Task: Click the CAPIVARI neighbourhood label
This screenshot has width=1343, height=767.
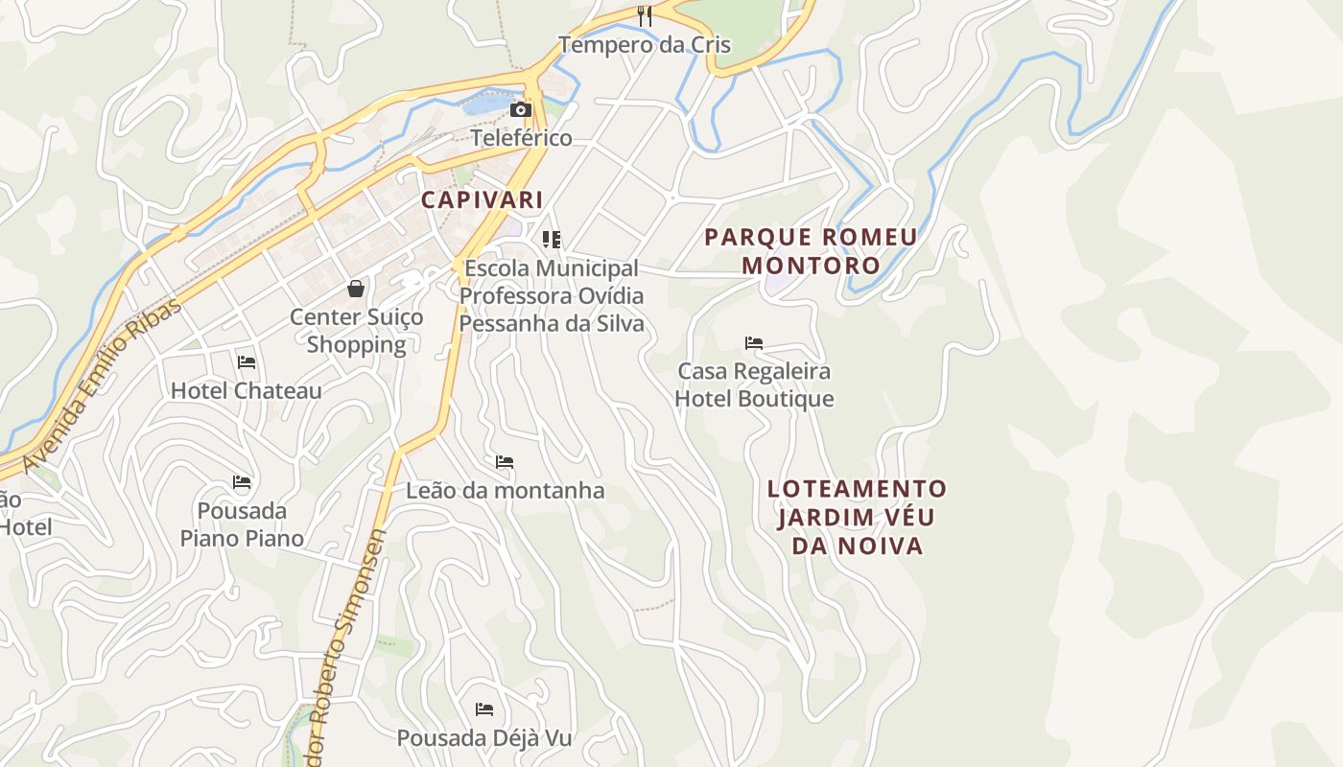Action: (482, 200)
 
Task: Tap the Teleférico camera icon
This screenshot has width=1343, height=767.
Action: (521, 109)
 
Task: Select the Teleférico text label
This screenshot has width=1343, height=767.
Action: (521, 138)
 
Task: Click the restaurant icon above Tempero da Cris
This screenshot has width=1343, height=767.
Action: (645, 16)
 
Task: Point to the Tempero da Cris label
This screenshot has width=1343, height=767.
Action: (645, 45)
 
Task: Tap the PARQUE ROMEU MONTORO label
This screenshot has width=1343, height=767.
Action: (811, 251)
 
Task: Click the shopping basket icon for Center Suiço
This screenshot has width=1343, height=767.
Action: (356, 289)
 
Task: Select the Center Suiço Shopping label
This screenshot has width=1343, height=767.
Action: (356, 331)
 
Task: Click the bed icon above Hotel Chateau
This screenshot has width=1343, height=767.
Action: (247, 362)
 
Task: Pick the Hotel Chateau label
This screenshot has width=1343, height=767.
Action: (247, 391)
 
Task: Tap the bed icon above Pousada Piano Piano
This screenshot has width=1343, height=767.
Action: (242, 481)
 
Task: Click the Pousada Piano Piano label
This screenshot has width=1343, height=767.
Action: (242, 524)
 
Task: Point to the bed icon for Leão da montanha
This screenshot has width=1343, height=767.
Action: (505, 462)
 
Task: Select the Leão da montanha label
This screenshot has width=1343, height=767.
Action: (505, 491)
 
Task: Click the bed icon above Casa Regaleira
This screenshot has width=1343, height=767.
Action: (754, 342)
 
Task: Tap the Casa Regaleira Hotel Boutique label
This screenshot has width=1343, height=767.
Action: (754, 384)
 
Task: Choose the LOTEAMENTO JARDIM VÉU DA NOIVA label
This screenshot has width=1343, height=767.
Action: (857, 518)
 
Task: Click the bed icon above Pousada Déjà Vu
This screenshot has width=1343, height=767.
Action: (484, 709)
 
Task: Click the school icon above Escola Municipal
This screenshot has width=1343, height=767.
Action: (551, 239)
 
